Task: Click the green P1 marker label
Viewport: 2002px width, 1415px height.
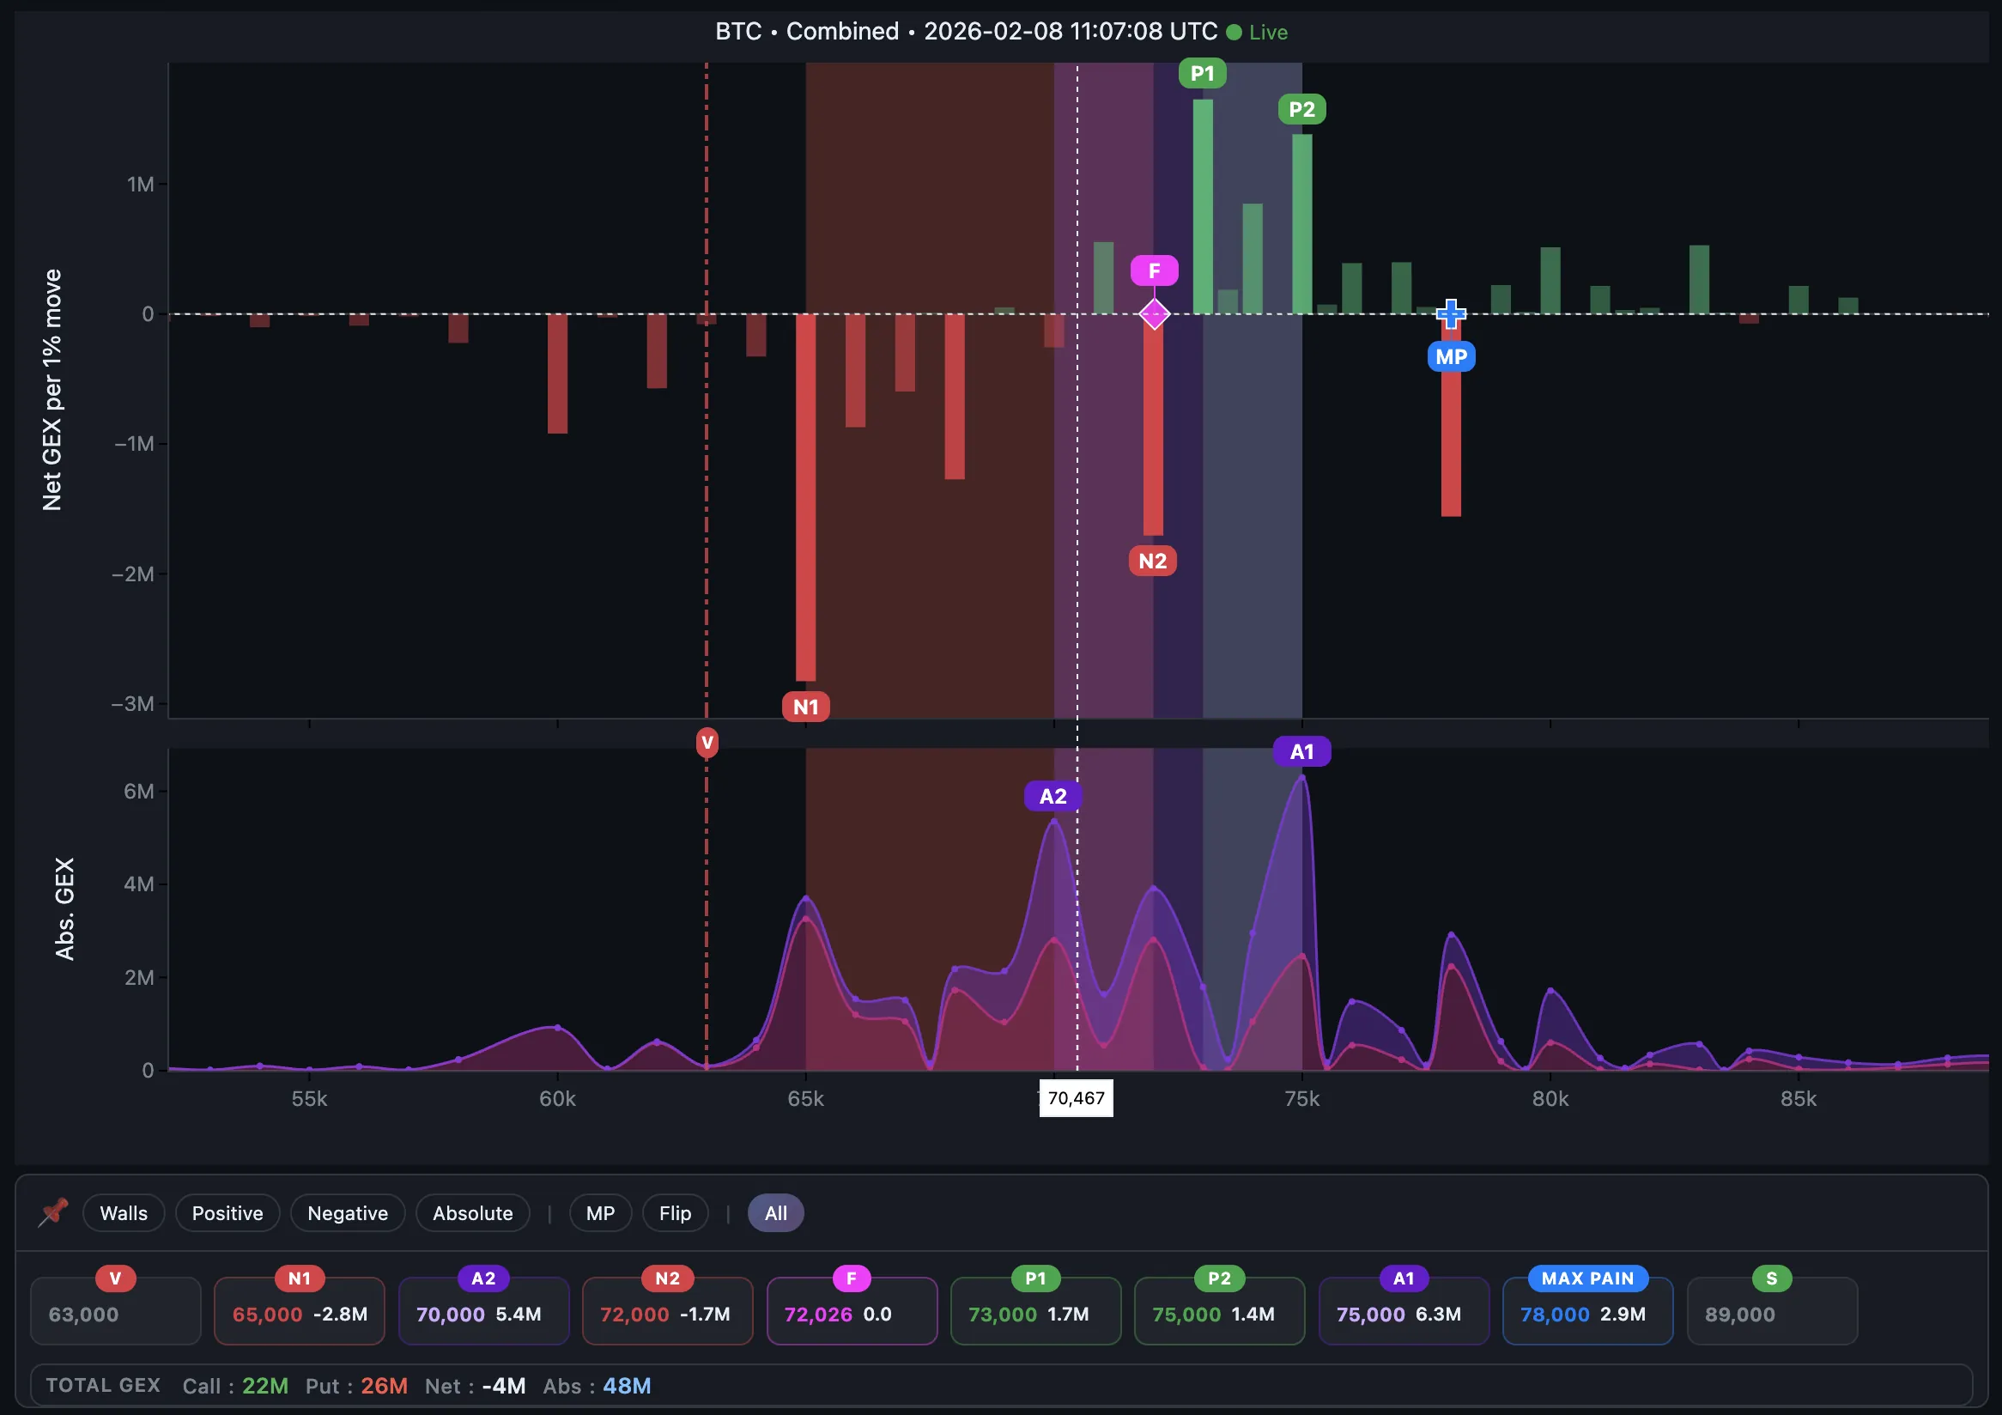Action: click(1203, 73)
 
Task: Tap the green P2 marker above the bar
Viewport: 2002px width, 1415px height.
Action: click(1301, 110)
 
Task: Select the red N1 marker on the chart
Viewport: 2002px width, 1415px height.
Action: click(805, 706)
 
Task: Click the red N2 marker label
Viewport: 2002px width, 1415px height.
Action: click(1152, 561)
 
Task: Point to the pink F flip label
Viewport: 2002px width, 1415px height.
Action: click(1154, 271)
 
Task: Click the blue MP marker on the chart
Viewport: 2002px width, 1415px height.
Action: click(1451, 356)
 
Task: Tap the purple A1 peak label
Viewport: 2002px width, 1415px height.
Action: click(1301, 751)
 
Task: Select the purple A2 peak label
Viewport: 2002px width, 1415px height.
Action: click(1053, 796)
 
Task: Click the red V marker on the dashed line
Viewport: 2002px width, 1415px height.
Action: click(707, 743)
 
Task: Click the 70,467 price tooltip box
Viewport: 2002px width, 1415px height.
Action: click(1076, 1097)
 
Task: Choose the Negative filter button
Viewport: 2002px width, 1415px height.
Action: click(347, 1212)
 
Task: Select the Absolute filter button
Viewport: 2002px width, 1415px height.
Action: click(472, 1212)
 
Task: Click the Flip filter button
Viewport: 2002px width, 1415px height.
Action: click(675, 1212)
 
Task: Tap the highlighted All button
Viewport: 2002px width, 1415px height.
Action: click(775, 1212)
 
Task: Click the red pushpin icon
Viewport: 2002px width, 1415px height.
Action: click(54, 1212)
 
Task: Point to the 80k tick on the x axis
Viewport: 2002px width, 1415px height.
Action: click(1550, 1098)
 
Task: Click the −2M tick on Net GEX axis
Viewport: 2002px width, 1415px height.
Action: click(133, 574)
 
